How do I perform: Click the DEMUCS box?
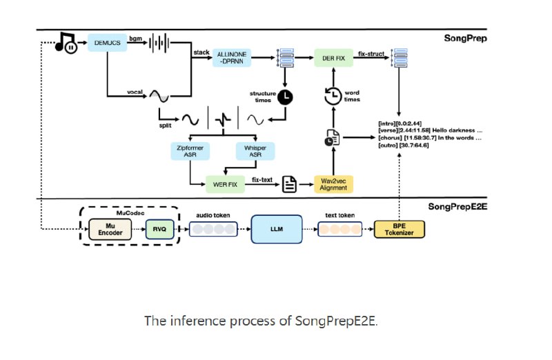(107, 43)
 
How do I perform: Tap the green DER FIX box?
(333, 57)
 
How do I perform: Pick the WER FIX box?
(225, 184)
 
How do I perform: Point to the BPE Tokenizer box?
(399, 229)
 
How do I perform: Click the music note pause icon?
(67, 44)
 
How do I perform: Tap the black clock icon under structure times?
(284, 97)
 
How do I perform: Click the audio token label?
(211, 215)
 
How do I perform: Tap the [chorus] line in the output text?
(430, 139)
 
